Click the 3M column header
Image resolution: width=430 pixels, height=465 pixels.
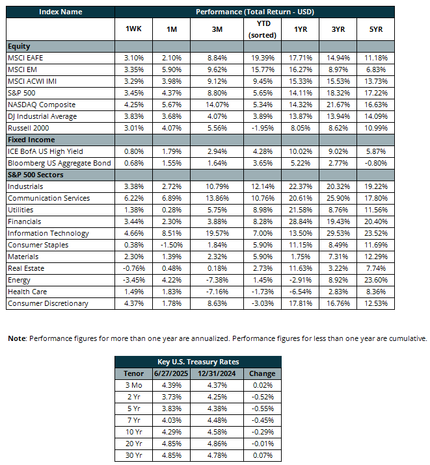pos(217,29)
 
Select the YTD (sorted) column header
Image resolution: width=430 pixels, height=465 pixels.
pos(263,29)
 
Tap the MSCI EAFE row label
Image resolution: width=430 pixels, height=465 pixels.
pos(25,58)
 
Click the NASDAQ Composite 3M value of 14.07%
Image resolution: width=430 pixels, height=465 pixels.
pos(217,105)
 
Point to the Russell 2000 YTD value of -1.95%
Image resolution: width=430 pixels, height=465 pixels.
pos(263,128)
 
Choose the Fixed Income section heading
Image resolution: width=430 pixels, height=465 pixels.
pos(31,140)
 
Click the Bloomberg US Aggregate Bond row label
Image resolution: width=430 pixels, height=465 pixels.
pos(59,163)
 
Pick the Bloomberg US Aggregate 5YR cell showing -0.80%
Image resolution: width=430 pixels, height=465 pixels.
pos(376,163)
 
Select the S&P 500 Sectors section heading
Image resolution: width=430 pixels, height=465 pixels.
pos(36,175)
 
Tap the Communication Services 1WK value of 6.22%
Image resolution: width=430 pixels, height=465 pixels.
pos(134,198)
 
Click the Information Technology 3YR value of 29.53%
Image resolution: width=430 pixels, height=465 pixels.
pos(338,233)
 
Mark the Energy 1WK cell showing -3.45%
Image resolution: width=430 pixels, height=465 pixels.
pos(134,280)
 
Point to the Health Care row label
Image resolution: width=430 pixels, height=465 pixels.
pos(27,292)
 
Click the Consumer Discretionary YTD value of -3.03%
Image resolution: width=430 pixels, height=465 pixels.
pos(263,303)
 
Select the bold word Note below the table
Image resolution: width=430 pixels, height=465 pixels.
pos(17,338)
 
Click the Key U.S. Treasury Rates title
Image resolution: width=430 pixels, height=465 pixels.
pos(198,362)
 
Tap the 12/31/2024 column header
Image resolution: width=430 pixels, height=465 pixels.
pos(217,373)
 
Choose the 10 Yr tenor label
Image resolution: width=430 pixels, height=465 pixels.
pos(134,432)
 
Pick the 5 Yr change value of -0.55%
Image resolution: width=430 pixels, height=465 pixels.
pos(263,408)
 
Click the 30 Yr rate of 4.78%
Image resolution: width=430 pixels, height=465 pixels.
pos(217,455)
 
